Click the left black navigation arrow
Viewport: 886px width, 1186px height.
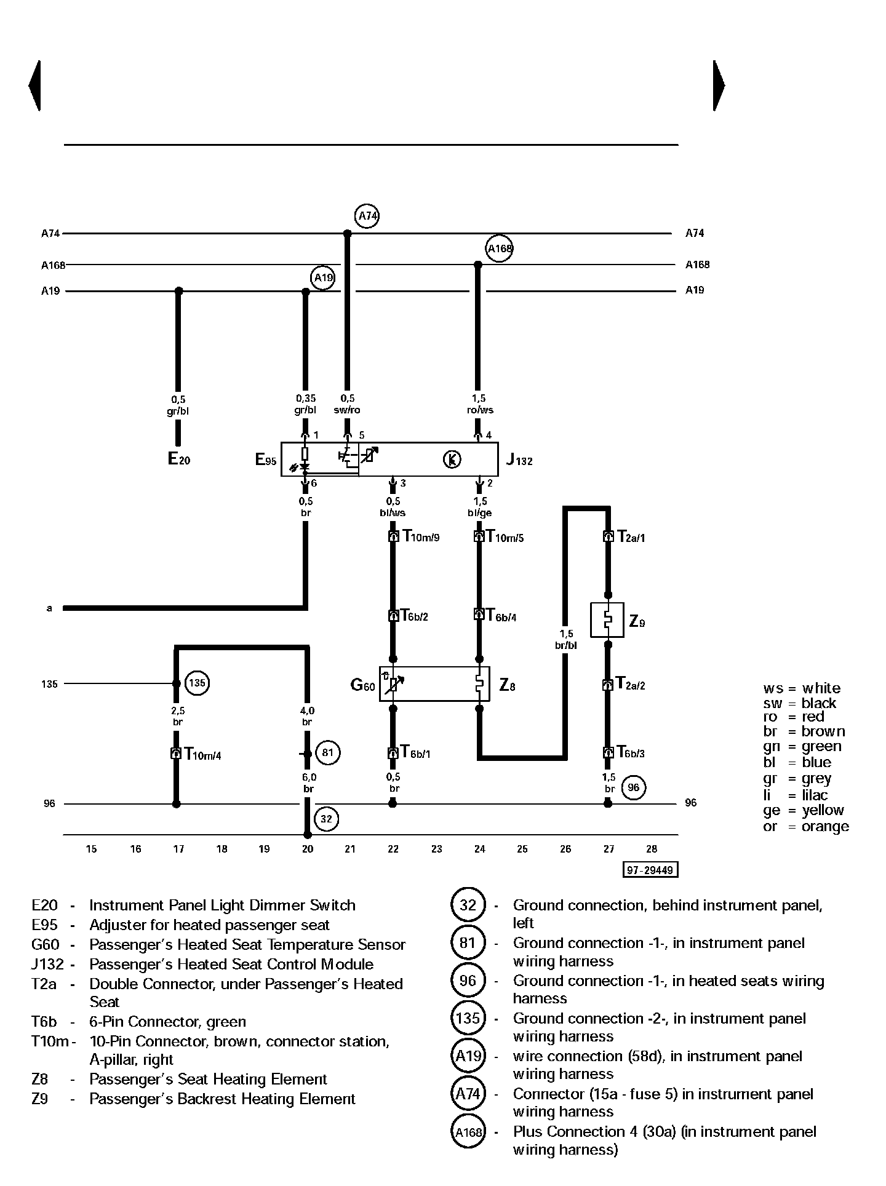coord(35,86)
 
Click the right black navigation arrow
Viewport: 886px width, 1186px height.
coord(719,86)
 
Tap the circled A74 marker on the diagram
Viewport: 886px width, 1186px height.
coord(367,216)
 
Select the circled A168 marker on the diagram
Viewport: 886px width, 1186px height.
coord(499,249)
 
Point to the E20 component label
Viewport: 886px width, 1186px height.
coord(178,459)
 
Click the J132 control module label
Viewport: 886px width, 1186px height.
coord(519,460)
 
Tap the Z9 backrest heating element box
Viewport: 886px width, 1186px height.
coord(607,620)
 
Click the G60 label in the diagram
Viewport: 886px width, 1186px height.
coord(362,685)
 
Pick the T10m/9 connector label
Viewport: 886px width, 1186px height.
coord(421,536)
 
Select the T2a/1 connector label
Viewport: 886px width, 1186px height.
coord(631,536)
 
